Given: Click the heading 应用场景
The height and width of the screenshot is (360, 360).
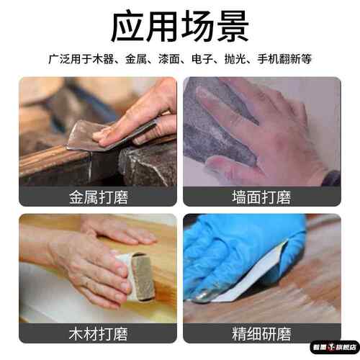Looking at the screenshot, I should click(x=180, y=28).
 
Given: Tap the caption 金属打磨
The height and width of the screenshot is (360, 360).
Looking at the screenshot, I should click(x=98, y=197).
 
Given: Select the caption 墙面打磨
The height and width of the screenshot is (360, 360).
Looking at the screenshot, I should click(x=261, y=197).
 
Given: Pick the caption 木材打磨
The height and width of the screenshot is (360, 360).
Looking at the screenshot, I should click(x=98, y=333).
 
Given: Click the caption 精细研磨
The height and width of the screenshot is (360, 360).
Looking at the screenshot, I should click(x=261, y=333).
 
